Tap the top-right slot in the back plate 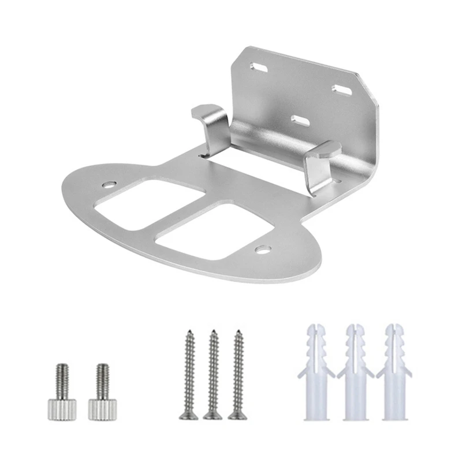coord(341,90)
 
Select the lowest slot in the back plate coord(299,121)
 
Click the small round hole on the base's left coord(109,185)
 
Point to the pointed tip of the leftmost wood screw coord(189,332)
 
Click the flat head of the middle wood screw coord(212,415)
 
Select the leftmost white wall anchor coord(315,375)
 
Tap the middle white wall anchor coord(355,375)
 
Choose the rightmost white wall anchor coord(395,375)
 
